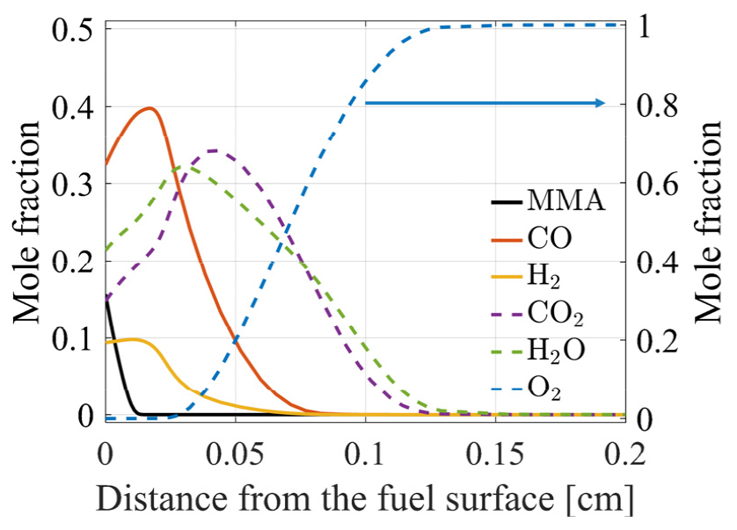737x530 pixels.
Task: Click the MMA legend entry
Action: point(566,202)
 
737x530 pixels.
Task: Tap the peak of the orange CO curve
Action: point(150,109)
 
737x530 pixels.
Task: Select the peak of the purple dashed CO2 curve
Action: point(214,150)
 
